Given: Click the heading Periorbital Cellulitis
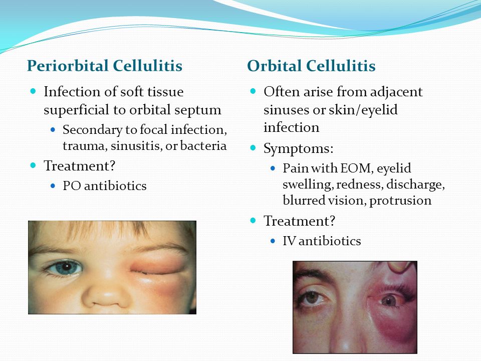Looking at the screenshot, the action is (x=105, y=66).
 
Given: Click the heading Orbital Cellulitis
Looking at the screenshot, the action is (x=311, y=66).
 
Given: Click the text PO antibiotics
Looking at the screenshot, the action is (x=105, y=186).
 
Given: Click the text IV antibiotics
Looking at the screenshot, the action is (x=322, y=241).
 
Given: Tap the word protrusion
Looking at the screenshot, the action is (x=400, y=201).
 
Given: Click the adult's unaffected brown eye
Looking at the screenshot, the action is (x=313, y=298).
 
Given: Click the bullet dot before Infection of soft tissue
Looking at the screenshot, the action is (x=33, y=91).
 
